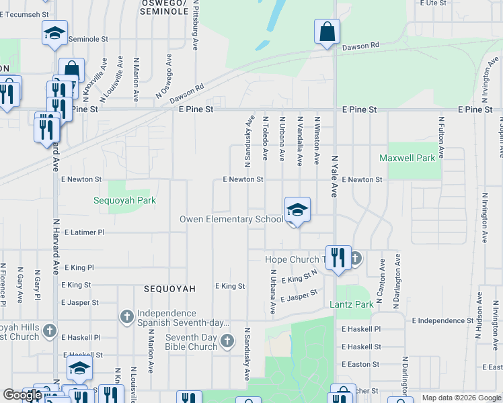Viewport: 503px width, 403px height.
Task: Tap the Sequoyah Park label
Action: pos(124,200)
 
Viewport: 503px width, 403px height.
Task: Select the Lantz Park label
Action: pos(352,305)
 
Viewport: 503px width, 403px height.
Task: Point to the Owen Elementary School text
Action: pos(231,220)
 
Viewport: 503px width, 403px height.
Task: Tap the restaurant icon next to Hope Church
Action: pos(338,258)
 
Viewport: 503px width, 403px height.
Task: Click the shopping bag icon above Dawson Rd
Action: pos(327,32)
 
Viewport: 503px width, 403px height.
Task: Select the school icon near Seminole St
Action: pos(54,33)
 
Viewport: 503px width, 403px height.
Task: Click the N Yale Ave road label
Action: pos(334,177)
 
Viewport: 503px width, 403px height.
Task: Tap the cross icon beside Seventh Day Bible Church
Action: pos(227,341)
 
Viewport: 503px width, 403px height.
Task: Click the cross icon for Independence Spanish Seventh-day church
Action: pos(126,316)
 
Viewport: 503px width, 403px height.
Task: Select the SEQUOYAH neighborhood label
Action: pos(169,289)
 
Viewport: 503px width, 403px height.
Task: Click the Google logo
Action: pos(22,395)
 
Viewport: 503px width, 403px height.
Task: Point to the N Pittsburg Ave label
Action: pos(196,28)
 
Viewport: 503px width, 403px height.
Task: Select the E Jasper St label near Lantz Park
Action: pos(299,296)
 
